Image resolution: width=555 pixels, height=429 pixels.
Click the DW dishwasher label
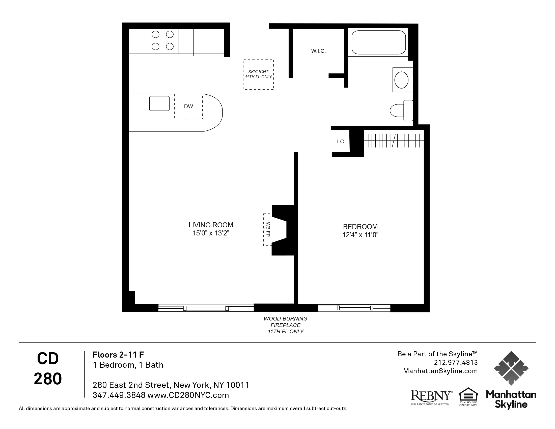[x=188, y=106]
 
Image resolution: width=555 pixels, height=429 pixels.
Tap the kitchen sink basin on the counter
[x=159, y=103]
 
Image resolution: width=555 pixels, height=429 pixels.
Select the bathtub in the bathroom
[x=378, y=42]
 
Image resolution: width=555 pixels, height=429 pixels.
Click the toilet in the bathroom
[x=401, y=111]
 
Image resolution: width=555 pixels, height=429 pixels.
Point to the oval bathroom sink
[x=402, y=80]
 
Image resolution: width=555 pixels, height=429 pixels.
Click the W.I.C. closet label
[x=318, y=51]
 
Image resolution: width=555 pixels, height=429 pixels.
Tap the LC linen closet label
[x=340, y=142]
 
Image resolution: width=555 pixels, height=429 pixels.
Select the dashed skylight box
[x=258, y=74]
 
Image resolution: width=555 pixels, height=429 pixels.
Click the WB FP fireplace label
[x=268, y=229]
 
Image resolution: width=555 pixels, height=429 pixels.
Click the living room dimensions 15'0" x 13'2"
[x=211, y=233]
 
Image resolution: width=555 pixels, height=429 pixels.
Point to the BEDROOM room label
[x=360, y=226]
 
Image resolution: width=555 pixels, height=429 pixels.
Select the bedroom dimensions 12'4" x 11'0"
[x=360, y=235]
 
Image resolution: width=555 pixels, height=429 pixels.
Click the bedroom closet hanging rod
[x=394, y=141]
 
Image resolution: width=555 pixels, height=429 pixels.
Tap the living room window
[x=206, y=308]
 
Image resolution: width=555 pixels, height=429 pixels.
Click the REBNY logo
[x=431, y=396]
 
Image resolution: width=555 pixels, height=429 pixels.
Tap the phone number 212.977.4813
[x=456, y=362]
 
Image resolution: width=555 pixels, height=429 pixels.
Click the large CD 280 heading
[x=48, y=368]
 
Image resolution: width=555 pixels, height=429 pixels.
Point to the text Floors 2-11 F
[x=118, y=355]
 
